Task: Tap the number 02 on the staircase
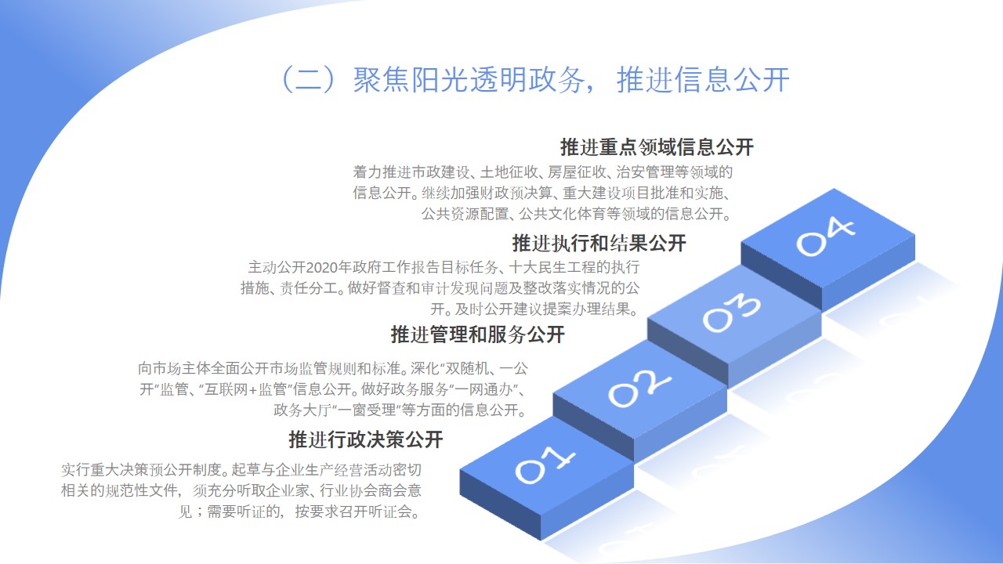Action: pyautogui.click(x=639, y=389)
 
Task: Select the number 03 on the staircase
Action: pyautogui.click(x=732, y=313)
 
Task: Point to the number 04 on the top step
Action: pyautogui.click(x=825, y=237)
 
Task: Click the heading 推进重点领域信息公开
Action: pyautogui.click(x=657, y=147)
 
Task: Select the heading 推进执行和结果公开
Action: pyautogui.click(x=599, y=243)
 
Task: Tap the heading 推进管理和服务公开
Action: pyautogui.click(x=477, y=334)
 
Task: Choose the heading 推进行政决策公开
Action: pyautogui.click(x=366, y=439)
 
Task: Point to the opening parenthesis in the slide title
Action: pyautogui.click(x=287, y=80)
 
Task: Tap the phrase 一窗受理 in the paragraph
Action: pyautogui.click(x=366, y=410)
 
